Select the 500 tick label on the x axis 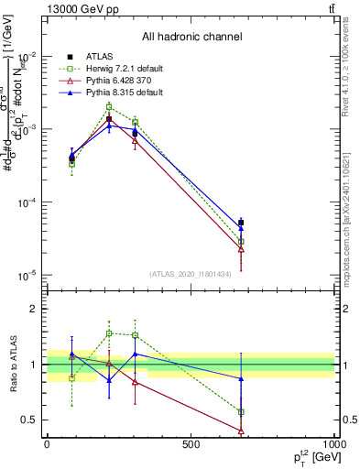click(x=191, y=445)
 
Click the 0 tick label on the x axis click(x=47, y=445)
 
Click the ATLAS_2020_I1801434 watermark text click(x=191, y=274)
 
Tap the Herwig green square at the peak click(x=109, y=106)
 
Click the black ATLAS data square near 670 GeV click(x=241, y=223)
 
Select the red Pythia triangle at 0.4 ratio click(x=241, y=431)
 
